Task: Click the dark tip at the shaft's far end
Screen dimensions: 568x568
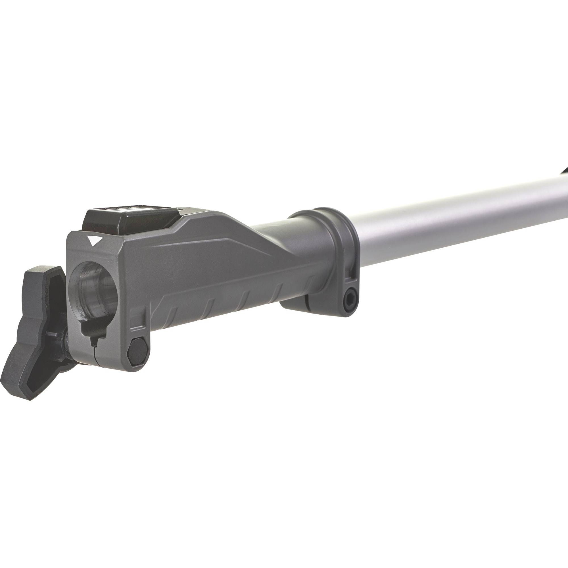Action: click(565, 172)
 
